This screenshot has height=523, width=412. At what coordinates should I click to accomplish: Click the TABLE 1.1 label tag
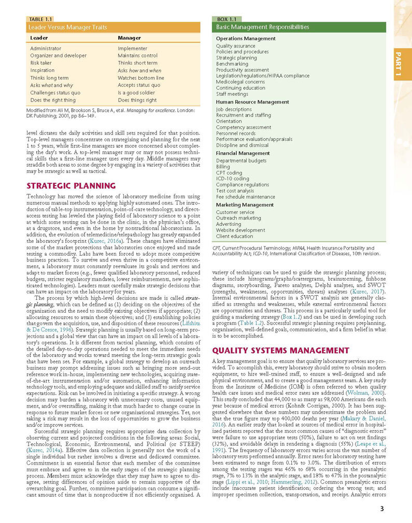click(41, 20)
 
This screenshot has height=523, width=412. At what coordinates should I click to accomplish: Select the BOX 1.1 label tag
click(226, 20)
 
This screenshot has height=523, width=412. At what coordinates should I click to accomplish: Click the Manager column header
click(129, 38)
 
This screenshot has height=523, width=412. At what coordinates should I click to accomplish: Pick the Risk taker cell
click(42, 63)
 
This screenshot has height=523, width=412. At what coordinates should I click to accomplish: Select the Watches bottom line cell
click(141, 78)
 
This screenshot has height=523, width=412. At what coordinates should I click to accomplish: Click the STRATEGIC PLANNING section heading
click(70, 186)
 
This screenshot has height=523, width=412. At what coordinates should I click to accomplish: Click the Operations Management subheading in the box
click(245, 38)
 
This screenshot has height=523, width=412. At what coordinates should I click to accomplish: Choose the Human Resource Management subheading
click(252, 102)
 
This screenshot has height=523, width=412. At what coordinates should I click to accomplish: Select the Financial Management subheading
click(243, 153)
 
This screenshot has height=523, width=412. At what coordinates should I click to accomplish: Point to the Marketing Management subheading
click(245, 205)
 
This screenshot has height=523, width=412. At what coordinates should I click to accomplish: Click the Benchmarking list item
click(232, 64)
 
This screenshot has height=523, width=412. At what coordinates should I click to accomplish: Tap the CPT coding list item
click(229, 172)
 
